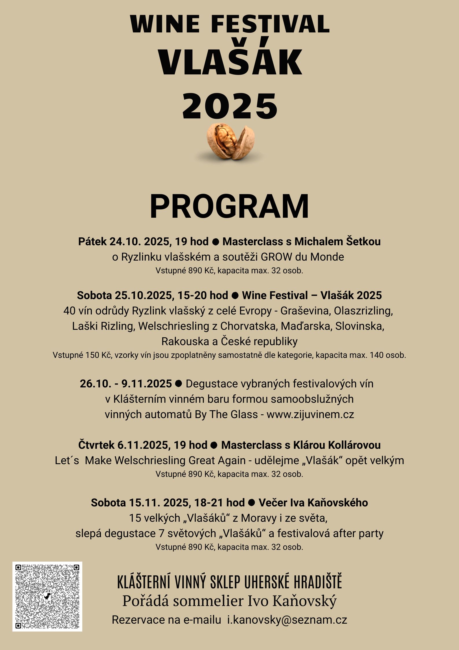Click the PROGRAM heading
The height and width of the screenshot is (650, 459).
click(229, 206)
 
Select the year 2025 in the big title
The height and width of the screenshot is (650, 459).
click(230, 106)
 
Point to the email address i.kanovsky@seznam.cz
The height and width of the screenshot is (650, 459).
click(287, 620)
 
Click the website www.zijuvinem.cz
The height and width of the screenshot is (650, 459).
click(310, 414)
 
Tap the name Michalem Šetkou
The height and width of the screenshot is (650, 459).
click(338, 241)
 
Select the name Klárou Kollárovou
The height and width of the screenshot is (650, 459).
click(337, 445)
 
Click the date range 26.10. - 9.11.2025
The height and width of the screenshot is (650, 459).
click(126, 384)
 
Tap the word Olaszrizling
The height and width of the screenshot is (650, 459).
click(363, 311)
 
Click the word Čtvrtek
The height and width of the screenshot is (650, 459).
click(96, 445)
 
